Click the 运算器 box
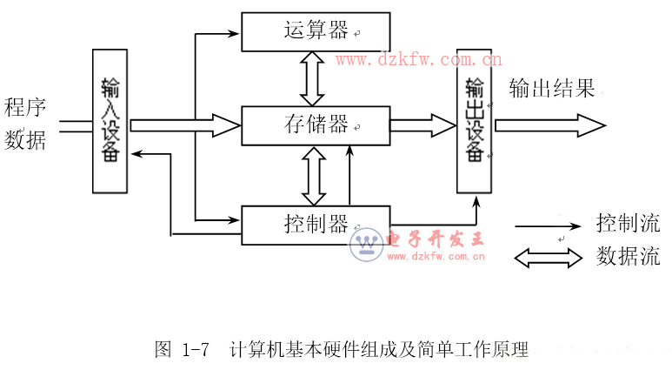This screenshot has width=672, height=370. (x=315, y=31)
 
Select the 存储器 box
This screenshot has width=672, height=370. (x=315, y=124)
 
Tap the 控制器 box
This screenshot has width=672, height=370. (x=315, y=225)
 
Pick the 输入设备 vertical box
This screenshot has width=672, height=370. (x=110, y=121)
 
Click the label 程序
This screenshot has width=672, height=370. (x=25, y=107)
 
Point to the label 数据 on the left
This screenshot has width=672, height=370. (x=25, y=139)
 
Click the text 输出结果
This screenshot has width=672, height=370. (x=551, y=89)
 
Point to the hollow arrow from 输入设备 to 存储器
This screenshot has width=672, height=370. (x=184, y=125)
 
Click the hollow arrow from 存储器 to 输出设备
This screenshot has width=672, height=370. (x=422, y=125)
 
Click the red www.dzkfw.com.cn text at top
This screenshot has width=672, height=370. (x=417, y=60)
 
